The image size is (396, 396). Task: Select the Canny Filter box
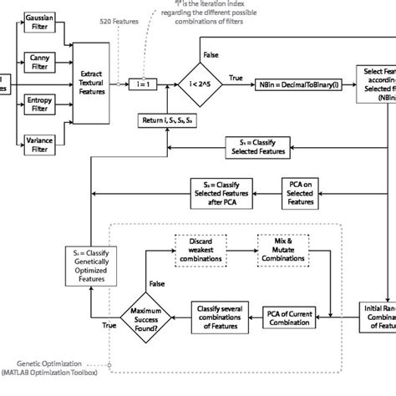tap(36, 60)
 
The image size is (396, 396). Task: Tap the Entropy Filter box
tap(36, 103)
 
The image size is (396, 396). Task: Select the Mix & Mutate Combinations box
tap(282, 251)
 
